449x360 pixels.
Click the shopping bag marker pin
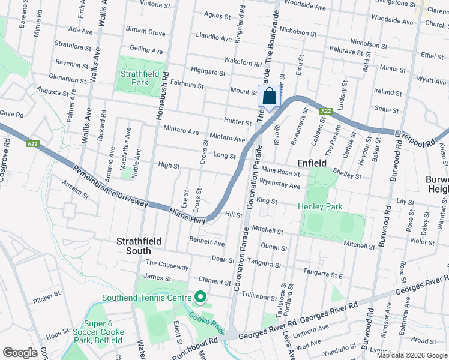pyautogui.click(x=270, y=96)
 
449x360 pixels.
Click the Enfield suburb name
pyautogui.click(x=312, y=163)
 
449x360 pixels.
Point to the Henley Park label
pyautogui.click(x=321, y=207)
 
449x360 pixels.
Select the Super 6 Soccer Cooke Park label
pyautogui.click(x=98, y=336)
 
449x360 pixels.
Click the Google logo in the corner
pyautogui.click(x=20, y=352)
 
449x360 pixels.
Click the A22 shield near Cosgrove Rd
pyautogui.click(x=32, y=144)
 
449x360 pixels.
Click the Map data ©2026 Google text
pyautogui.click(x=411, y=355)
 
